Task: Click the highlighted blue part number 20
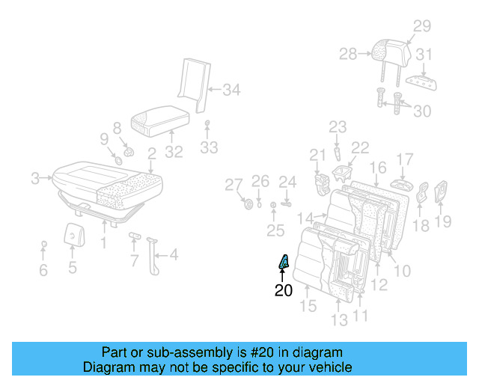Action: tap(284, 262)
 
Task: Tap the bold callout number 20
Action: tap(284, 290)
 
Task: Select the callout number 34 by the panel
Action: tap(231, 91)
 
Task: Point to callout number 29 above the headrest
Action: tap(422, 27)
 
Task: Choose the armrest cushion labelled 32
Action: tap(160, 120)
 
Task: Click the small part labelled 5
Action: tap(73, 235)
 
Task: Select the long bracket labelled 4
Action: tap(156, 254)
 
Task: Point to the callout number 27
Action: tap(234, 185)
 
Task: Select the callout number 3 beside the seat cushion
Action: tap(34, 178)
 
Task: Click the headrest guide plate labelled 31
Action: tap(421, 81)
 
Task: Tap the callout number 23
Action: tap(338, 126)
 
